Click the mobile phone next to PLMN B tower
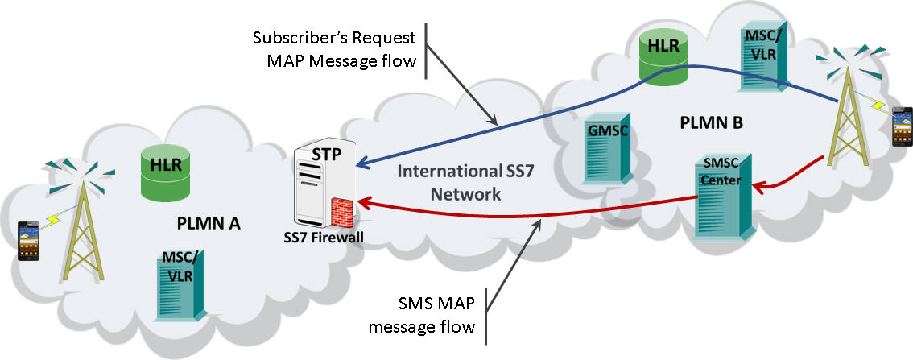coord(900,126)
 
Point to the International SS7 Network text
coord(454,182)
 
